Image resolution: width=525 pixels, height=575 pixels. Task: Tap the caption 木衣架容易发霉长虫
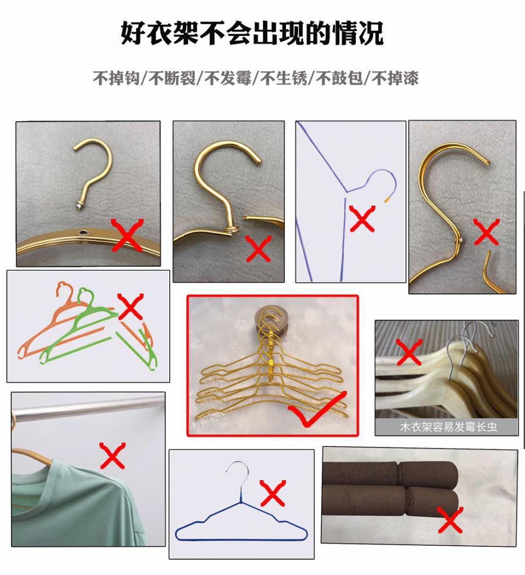(449, 426)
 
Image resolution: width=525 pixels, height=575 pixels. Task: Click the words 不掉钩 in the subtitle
(116, 78)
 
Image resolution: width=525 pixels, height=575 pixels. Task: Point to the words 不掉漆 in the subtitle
(395, 78)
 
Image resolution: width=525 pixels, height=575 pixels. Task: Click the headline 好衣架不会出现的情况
(252, 33)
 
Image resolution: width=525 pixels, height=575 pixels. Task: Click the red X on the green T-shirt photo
(112, 456)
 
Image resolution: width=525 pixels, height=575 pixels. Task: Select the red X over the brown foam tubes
(450, 520)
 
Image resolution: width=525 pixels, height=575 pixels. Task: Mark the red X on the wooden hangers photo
(409, 352)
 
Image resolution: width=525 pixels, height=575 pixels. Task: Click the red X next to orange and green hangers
(130, 307)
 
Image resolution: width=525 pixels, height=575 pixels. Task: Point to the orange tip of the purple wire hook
(387, 199)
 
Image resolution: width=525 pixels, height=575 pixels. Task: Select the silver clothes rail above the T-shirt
(88, 410)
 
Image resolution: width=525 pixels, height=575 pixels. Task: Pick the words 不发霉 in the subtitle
(227, 78)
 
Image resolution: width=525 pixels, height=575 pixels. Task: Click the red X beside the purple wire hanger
(362, 219)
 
